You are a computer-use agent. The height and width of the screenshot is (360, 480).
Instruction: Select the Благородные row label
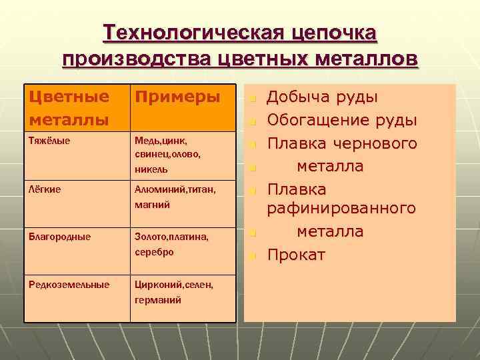(x=59, y=237)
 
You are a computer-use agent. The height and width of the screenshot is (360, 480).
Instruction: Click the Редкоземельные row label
(x=69, y=285)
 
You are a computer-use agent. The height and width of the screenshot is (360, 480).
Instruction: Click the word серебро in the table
(x=154, y=252)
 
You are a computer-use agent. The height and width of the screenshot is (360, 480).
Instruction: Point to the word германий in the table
(x=157, y=300)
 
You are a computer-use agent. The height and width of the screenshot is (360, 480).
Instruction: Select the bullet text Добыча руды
(x=323, y=97)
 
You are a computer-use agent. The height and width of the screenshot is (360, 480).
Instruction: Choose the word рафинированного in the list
(x=341, y=209)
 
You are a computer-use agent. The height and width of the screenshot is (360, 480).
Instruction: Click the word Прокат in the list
(x=296, y=255)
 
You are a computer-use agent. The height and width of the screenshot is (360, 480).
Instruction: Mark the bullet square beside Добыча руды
(x=252, y=99)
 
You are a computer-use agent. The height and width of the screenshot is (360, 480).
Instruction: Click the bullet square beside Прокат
(x=252, y=256)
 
